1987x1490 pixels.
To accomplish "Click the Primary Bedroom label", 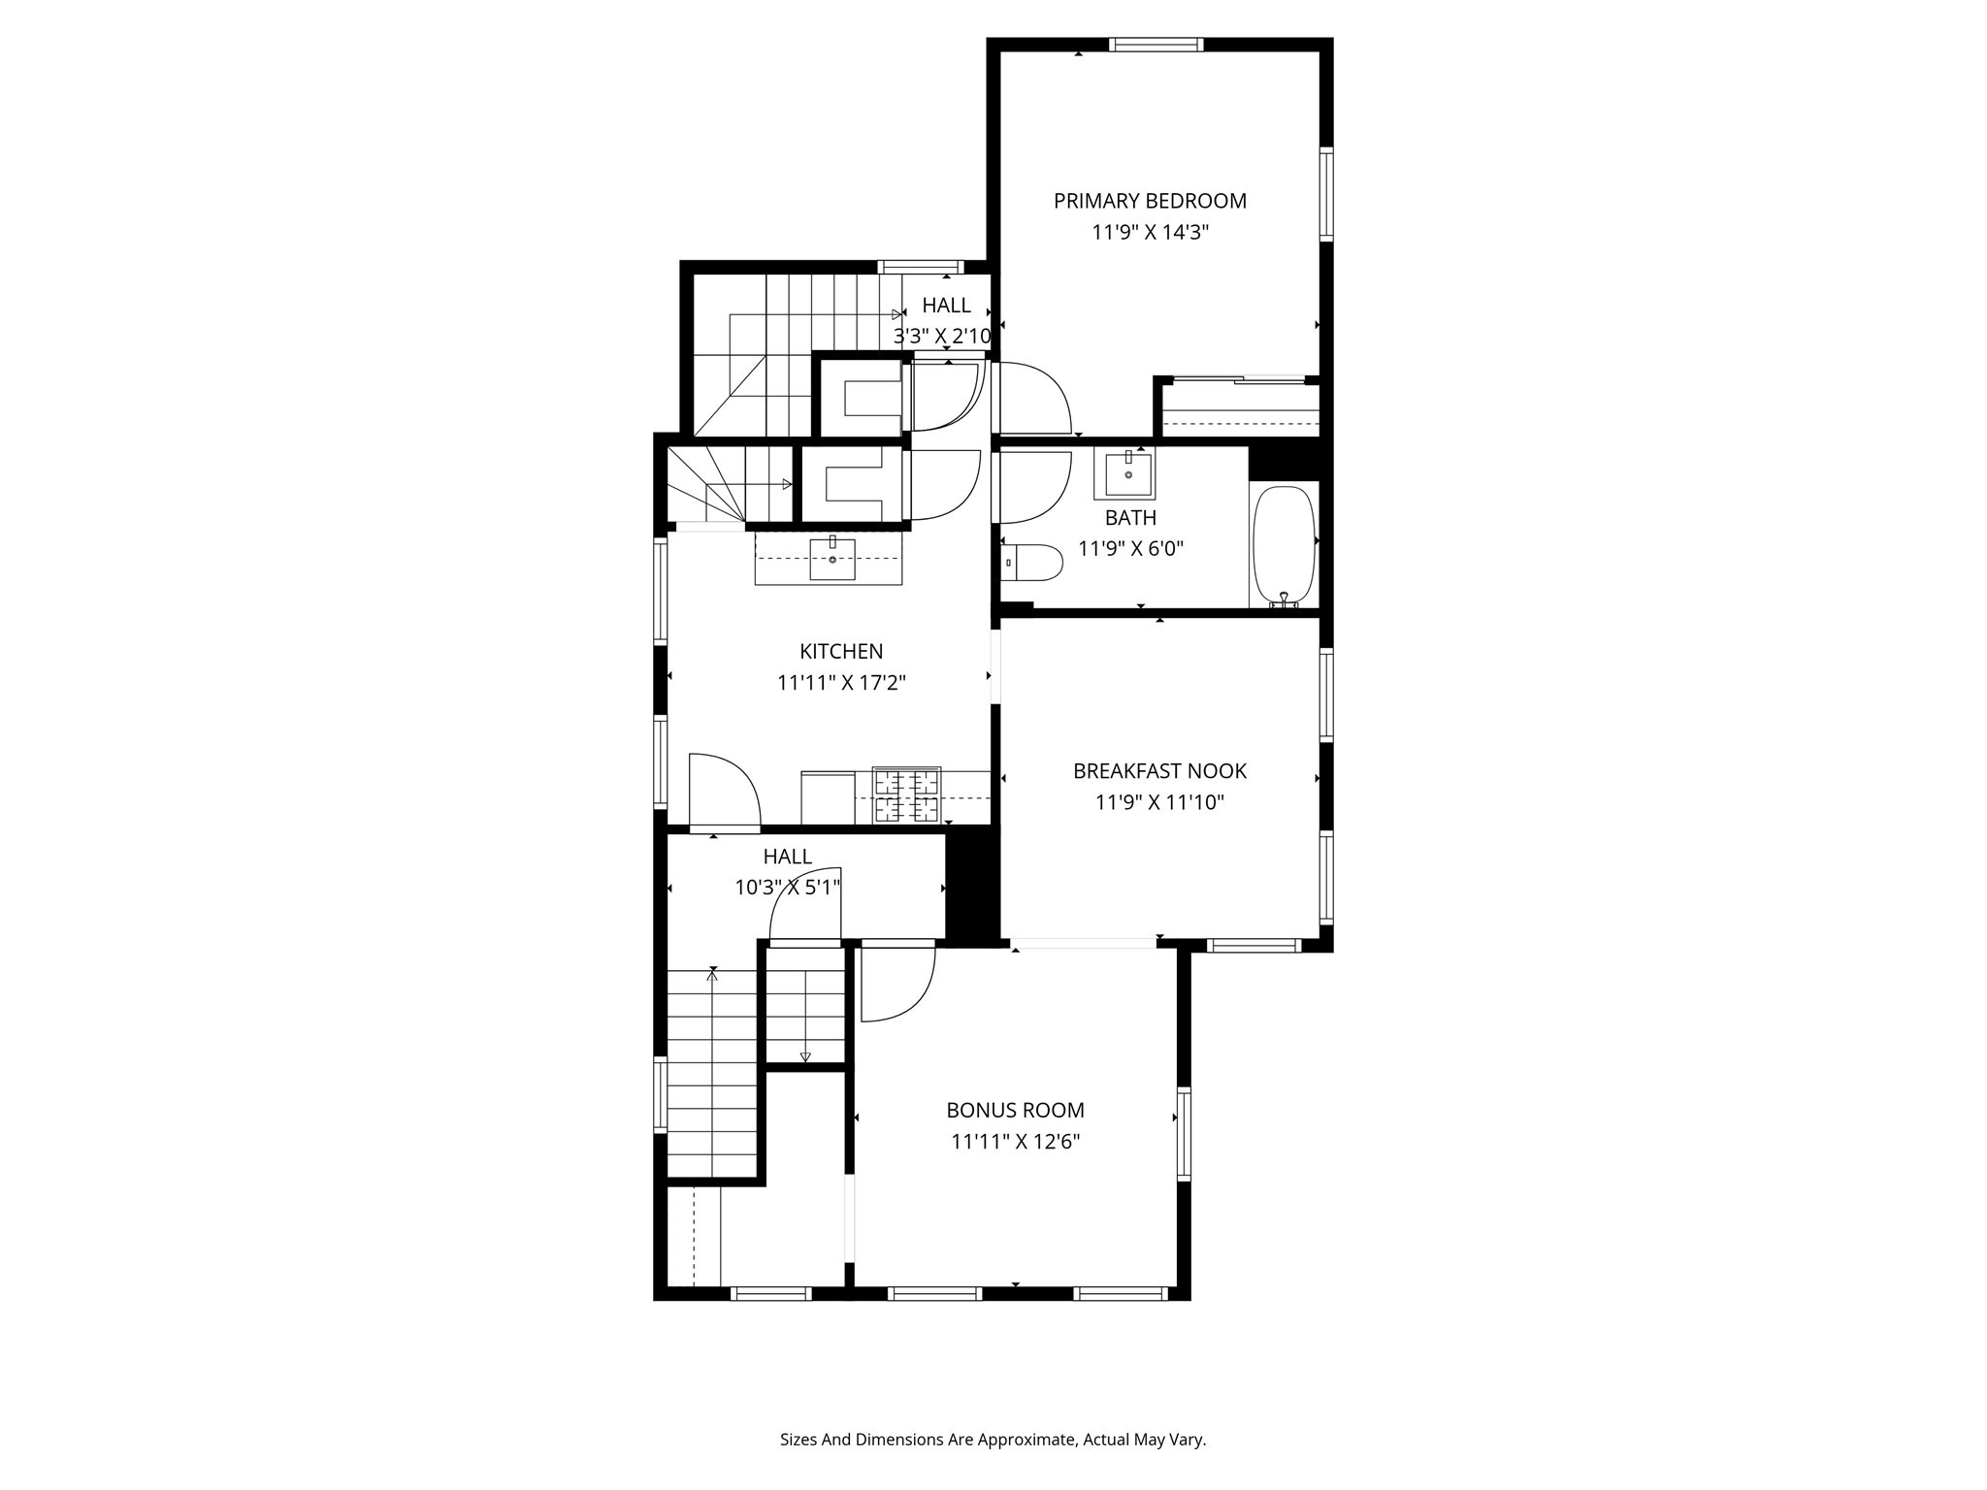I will pyautogui.click(x=1150, y=201).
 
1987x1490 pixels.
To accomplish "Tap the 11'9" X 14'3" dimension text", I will pyautogui.click(x=1150, y=233).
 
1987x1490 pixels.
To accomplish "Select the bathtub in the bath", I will pyautogui.click(x=1284, y=546).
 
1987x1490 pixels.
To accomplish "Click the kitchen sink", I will pyautogui.click(x=832, y=559).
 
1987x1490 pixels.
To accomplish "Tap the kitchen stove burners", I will pyautogui.click(x=907, y=794).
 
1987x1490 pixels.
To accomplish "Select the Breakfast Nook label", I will pyautogui.click(x=1159, y=771).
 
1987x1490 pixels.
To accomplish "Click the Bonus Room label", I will pyautogui.click(x=1015, y=1110).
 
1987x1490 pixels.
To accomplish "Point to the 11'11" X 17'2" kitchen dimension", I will pyautogui.click(x=841, y=683).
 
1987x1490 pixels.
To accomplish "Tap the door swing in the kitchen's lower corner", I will pyautogui.click(x=724, y=790).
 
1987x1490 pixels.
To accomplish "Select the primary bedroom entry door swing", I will pyautogui.click(x=1032, y=398).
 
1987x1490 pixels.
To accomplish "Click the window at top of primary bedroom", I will pyautogui.click(x=1156, y=45).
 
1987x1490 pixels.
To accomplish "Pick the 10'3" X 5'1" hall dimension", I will pyautogui.click(x=787, y=887).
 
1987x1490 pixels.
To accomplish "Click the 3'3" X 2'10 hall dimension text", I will pyautogui.click(x=942, y=337).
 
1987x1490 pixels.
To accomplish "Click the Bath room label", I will pyautogui.click(x=1130, y=518).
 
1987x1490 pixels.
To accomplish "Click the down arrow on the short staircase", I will pyautogui.click(x=804, y=1056).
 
